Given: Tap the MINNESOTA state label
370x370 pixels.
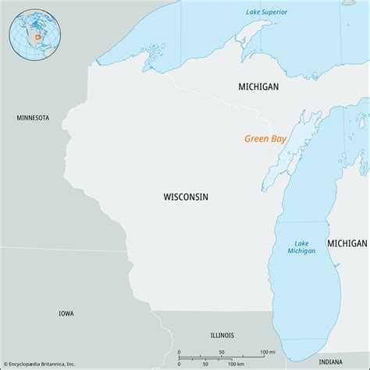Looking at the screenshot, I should click(33, 118).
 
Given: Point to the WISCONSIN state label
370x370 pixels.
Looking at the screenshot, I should click(186, 197).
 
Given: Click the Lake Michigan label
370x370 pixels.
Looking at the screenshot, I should click(301, 246).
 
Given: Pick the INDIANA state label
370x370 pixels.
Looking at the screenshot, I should click(331, 361).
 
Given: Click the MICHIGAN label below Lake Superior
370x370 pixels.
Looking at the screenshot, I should click(258, 87).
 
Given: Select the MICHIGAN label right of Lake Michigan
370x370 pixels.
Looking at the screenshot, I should click(347, 244).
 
